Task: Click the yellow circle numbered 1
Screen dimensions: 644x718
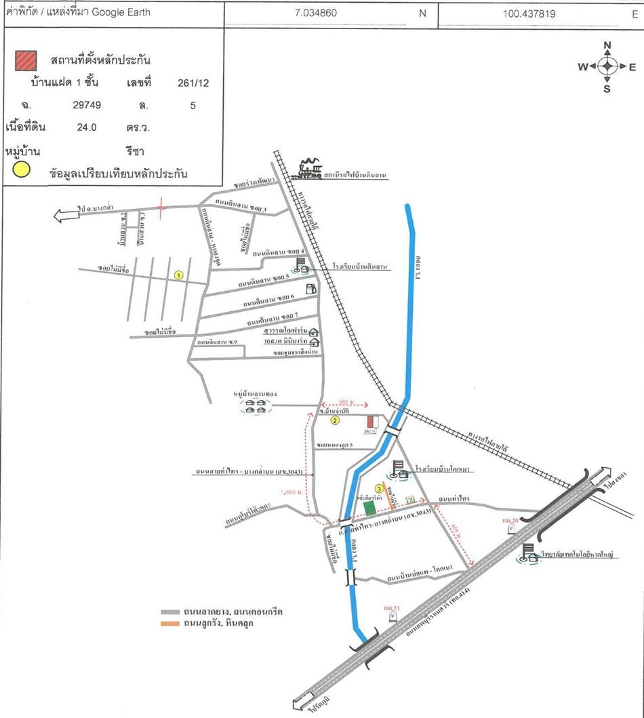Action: click(x=179, y=275)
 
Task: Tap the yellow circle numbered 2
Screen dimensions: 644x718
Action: click(x=335, y=421)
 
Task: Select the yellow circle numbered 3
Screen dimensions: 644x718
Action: click(x=380, y=488)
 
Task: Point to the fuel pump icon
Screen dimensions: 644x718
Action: click(x=310, y=287)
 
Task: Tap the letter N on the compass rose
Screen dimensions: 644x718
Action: click(x=607, y=45)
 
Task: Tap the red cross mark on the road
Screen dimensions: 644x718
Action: click(x=161, y=206)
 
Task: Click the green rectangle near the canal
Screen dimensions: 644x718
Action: click(x=369, y=506)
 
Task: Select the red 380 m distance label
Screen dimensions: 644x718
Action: click(x=344, y=401)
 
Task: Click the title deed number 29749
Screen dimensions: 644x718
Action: click(x=87, y=105)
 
